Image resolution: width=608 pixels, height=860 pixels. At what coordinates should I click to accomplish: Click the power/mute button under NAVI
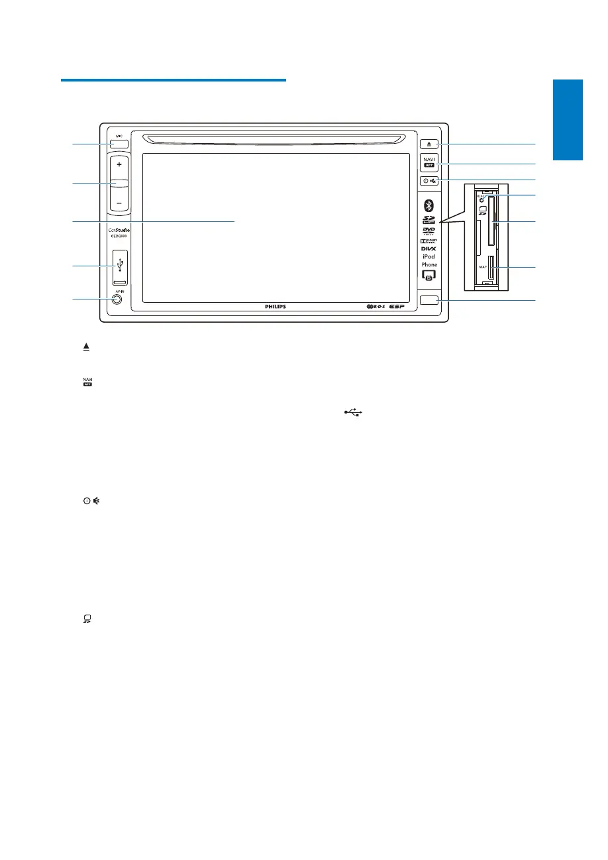click(x=428, y=181)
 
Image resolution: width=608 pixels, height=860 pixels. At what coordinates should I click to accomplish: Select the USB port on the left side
click(x=119, y=266)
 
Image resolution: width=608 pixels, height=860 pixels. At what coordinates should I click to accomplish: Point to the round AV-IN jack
click(x=117, y=299)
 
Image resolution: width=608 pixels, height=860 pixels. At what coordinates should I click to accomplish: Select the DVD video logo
click(x=429, y=231)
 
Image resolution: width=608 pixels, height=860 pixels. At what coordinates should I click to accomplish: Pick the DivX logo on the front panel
click(x=429, y=249)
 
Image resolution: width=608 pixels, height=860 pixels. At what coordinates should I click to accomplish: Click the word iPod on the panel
click(x=429, y=257)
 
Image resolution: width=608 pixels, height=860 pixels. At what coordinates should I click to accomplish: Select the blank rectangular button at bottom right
click(x=428, y=300)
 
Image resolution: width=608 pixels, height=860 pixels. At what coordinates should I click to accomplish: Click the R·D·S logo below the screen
click(x=375, y=307)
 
